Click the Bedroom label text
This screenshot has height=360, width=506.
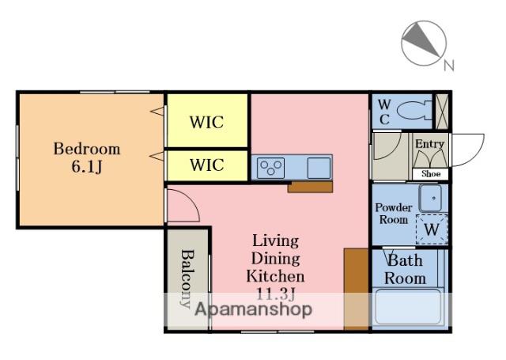pyautogui.click(x=86, y=149)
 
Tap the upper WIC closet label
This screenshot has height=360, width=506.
pyautogui.click(x=206, y=123)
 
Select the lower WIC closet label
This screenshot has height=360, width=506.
pyautogui.click(x=206, y=165)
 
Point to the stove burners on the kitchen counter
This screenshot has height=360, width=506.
pyautogui.click(x=271, y=168)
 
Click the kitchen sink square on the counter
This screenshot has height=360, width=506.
pyautogui.click(x=319, y=168)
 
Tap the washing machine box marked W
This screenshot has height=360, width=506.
pyautogui.click(x=432, y=229)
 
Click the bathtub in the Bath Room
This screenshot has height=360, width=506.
pyautogui.click(x=408, y=306)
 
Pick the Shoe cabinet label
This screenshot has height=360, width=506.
pyautogui.click(x=431, y=174)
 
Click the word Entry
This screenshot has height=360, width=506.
pyautogui.click(x=429, y=144)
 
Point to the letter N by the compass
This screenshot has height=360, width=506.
pyautogui.click(x=449, y=65)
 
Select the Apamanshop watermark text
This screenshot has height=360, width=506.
pyautogui.click(x=254, y=309)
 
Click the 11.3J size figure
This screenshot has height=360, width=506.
pyautogui.click(x=275, y=294)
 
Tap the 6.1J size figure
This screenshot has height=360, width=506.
pyautogui.click(x=86, y=167)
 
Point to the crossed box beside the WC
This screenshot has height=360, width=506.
pyautogui.click(x=441, y=112)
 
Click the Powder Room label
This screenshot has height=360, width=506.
pyautogui.click(x=394, y=214)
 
